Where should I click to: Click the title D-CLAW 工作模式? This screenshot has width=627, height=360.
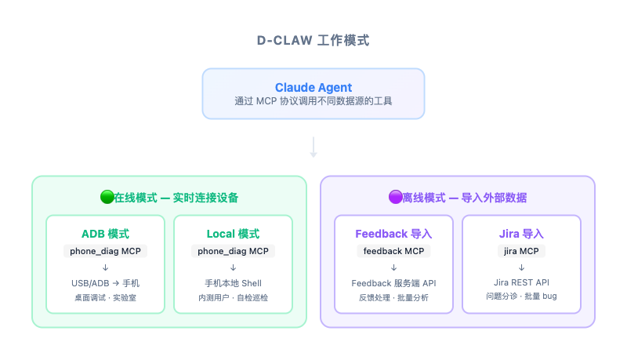coord(313,41)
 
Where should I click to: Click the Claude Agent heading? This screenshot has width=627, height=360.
coord(313,87)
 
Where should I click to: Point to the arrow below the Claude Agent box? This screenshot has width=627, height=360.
coord(313,147)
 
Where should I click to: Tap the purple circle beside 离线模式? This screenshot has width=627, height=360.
coord(395,198)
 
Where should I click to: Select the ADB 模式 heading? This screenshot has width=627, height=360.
coord(105,234)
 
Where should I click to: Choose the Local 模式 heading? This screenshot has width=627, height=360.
coord(233,234)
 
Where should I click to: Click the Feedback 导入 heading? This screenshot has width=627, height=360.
coord(393,234)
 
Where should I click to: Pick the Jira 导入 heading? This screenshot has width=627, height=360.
coord(521,234)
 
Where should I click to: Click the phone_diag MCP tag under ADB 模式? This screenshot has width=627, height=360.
coord(105,251)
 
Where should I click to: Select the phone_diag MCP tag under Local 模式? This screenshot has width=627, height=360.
coord(233,251)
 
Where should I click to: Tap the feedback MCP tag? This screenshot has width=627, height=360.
coord(393,251)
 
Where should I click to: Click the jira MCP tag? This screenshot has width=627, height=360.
coord(521,251)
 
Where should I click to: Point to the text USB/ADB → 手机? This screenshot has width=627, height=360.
coord(105,282)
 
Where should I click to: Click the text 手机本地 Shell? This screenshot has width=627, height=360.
coord(233,282)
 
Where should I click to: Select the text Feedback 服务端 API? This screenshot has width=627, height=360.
coord(393,282)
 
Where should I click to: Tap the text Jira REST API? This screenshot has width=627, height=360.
coord(521,282)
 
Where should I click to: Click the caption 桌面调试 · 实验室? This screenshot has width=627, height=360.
coord(105,298)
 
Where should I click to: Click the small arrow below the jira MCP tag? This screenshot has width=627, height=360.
coord(521,267)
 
